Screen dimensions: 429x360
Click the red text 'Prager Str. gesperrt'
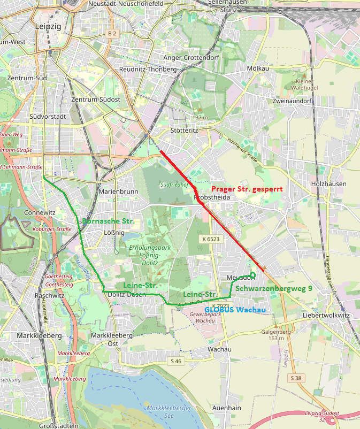tap(247, 189)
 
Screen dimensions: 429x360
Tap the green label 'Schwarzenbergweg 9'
tap(274, 288)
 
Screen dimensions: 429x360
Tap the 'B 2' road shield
tap(111, 33)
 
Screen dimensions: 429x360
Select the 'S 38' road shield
tap(296, 378)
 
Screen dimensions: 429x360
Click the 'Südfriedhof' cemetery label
tap(172, 184)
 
